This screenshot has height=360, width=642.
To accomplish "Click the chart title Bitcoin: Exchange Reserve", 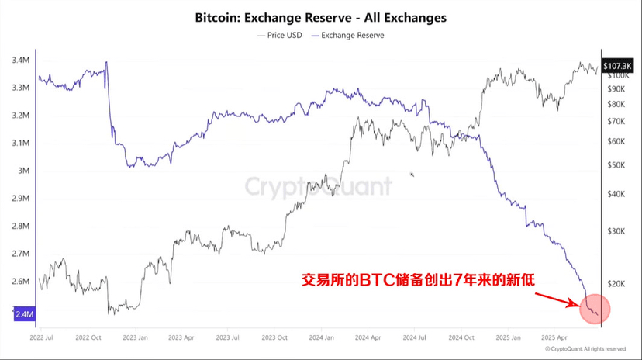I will click(x=321, y=16).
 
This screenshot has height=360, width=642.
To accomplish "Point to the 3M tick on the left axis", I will click(x=23, y=171).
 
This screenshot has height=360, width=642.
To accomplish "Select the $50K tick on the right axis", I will click(x=617, y=165).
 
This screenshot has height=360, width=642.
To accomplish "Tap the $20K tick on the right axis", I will click(x=617, y=284).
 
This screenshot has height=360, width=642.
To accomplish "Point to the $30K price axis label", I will click(x=617, y=231).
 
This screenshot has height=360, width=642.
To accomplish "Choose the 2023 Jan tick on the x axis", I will click(x=135, y=338).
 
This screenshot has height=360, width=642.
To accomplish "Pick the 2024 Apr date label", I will click(x=368, y=338).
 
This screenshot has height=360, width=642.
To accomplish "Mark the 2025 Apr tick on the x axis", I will click(x=555, y=338).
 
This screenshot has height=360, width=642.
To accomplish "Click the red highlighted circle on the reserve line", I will click(x=595, y=309).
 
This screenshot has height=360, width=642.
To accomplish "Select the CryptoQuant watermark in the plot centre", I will click(x=319, y=186).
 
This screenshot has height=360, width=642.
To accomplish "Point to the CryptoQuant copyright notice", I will click(x=585, y=349).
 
